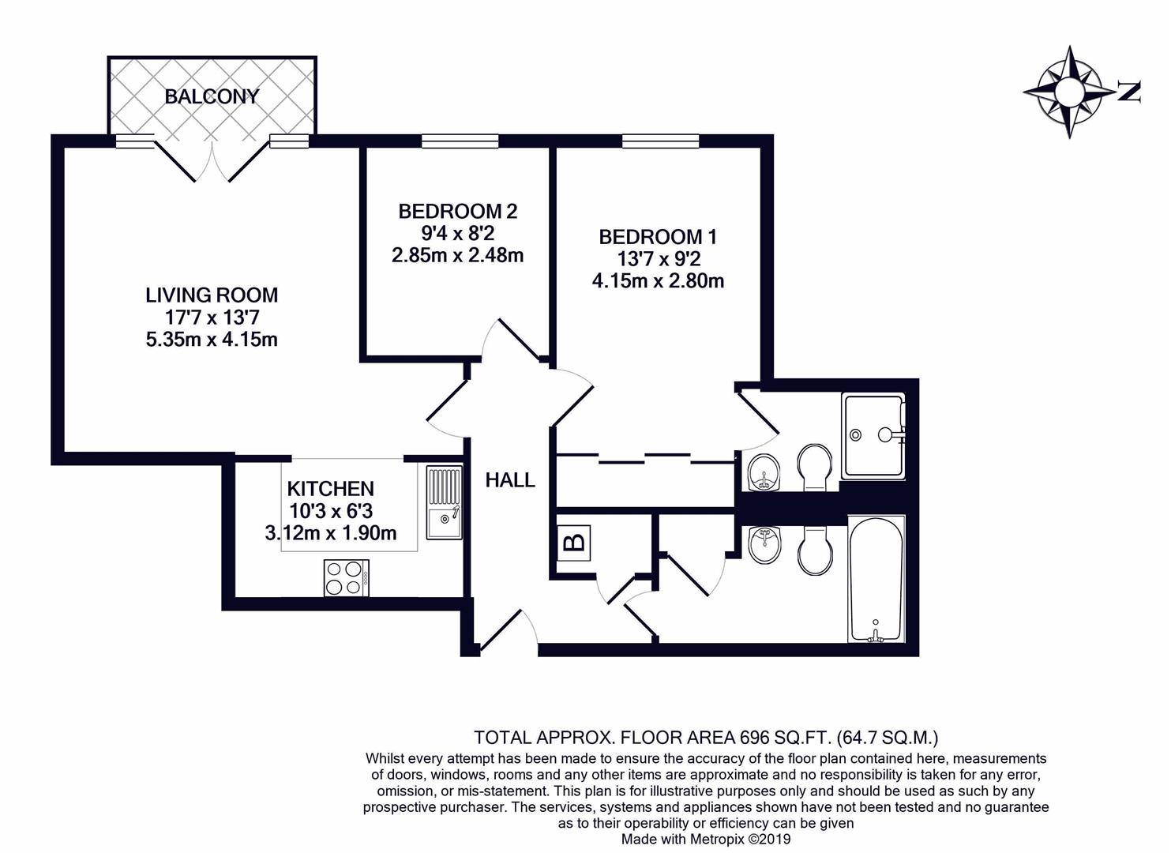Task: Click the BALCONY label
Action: click(x=212, y=96)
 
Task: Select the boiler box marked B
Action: click(x=574, y=543)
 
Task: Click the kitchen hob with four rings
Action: click(x=346, y=577)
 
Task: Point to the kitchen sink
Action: click(x=445, y=503)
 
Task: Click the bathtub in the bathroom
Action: click(x=876, y=578)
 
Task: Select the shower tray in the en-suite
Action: click(x=873, y=435)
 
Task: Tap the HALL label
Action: click(x=510, y=479)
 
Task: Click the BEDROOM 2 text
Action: click(x=457, y=211)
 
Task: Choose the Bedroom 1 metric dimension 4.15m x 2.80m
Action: click(x=658, y=280)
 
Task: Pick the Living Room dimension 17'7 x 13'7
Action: click(x=212, y=318)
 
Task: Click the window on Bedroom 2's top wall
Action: click(x=460, y=141)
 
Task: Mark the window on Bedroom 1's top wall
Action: click(x=660, y=141)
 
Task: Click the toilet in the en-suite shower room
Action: click(x=813, y=467)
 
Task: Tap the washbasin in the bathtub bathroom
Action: click(x=763, y=544)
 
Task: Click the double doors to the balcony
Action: click(x=212, y=162)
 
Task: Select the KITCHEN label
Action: click(x=330, y=488)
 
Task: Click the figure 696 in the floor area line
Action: click(x=754, y=738)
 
